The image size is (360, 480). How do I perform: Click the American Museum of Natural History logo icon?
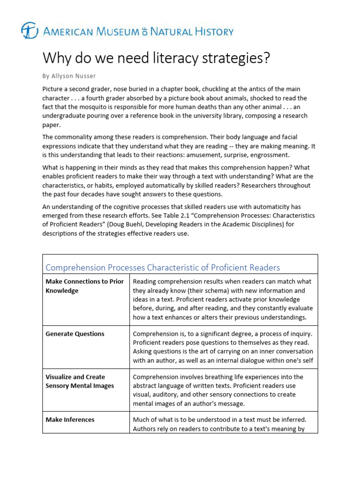click(x=30, y=31)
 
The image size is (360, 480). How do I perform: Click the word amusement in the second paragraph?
click(x=187, y=155)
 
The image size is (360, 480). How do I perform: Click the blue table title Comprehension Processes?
click(x=96, y=268)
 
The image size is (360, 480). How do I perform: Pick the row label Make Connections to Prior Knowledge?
click(x=84, y=286)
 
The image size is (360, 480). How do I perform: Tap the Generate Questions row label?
click(x=75, y=334)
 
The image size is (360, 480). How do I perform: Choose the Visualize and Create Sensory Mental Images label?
click(x=80, y=381)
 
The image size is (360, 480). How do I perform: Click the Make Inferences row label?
click(x=70, y=420)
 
